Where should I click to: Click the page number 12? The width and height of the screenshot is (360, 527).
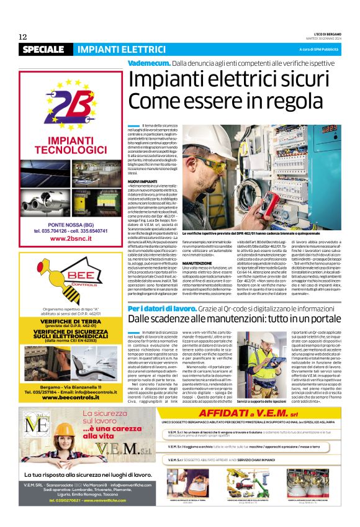click(x=23, y=36)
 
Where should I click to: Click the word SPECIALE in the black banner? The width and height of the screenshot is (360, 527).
click(x=47, y=50)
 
